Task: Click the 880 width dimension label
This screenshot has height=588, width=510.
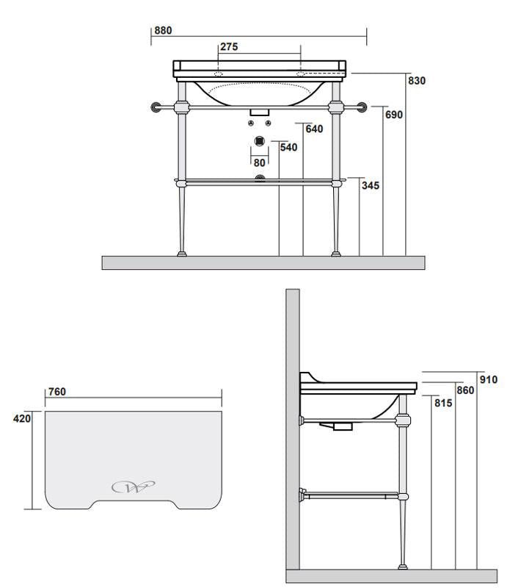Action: (x=162, y=31)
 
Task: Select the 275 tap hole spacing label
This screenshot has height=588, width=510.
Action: (x=229, y=47)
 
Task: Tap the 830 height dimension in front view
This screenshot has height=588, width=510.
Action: (x=417, y=81)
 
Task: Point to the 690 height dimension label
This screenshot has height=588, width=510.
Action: (x=394, y=115)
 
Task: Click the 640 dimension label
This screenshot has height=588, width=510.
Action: (x=314, y=129)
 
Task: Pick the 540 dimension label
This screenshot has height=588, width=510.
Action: (x=288, y=148)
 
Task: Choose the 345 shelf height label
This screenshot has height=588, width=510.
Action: (x=371, y=186)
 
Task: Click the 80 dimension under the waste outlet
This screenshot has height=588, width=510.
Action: (x=258, y=162)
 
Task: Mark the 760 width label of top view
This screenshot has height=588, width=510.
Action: (x=57, y=392)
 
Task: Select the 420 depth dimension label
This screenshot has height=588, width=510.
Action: (x=22, y=419)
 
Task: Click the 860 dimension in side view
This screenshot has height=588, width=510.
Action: (x=465, y=390)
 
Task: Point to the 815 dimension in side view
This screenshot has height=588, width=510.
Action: (x=442, y=403)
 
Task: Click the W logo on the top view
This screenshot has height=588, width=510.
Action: (x=133, y=487)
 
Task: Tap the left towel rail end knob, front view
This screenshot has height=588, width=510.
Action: (x=155, y=107)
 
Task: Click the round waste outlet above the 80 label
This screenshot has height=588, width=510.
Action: (x=258, y=141)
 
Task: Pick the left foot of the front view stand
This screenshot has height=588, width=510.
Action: (x=181, y=254)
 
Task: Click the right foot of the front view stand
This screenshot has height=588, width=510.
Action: (x=336, y=254)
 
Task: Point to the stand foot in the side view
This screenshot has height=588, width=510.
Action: (x=401, y=566)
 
